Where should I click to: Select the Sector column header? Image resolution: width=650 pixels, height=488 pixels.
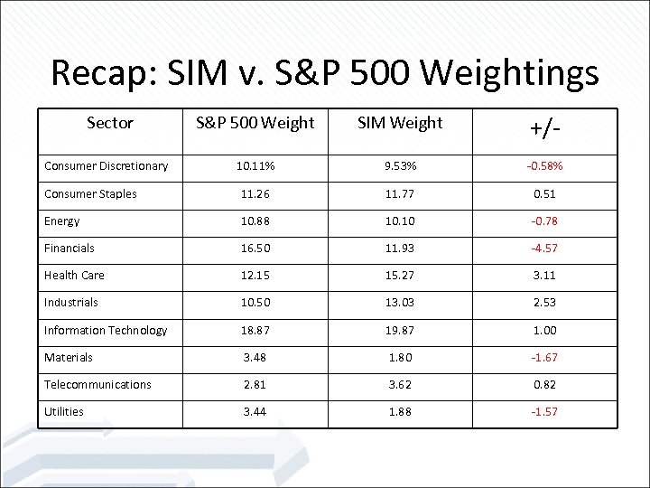click(x=110, y=123)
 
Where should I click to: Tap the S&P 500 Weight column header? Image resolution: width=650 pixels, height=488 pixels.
click(x=255, y=123)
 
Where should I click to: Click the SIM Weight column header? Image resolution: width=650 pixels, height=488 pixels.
click(x=400, y=123)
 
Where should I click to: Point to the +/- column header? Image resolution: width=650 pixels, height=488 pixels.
click(x=544, y=128)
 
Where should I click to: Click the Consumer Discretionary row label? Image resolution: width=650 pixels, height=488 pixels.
click(x=107, y=166)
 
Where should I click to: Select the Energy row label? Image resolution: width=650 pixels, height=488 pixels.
click(x=62, y=221)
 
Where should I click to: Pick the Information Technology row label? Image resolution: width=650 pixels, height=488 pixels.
click(x=106, y=331)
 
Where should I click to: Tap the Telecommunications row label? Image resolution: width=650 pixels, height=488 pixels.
click(x=98, y=385)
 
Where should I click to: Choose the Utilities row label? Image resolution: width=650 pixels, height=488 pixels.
click(x=64, y=412)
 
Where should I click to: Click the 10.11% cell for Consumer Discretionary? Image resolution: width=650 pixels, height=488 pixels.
click(x=255, y=166)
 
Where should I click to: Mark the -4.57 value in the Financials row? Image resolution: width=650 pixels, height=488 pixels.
click(x=544, y=249)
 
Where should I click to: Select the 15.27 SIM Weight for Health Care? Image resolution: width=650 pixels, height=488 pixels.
click(x=400, y=276)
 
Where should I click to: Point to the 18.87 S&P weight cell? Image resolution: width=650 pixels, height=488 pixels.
click(x=255, y=331)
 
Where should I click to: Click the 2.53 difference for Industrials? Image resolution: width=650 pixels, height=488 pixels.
click(x=544, y=303)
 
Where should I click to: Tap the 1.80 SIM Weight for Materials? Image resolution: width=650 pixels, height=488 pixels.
click(x=400, y=358)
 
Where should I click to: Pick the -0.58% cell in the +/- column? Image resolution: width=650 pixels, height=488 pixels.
click(x=544, y=166)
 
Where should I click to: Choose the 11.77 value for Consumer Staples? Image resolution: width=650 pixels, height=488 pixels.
click(x=400, y=193)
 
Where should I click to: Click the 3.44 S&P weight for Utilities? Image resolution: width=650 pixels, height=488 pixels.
click(x=255, y=412)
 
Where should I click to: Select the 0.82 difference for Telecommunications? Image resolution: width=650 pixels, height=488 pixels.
click(x=544, y=385)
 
